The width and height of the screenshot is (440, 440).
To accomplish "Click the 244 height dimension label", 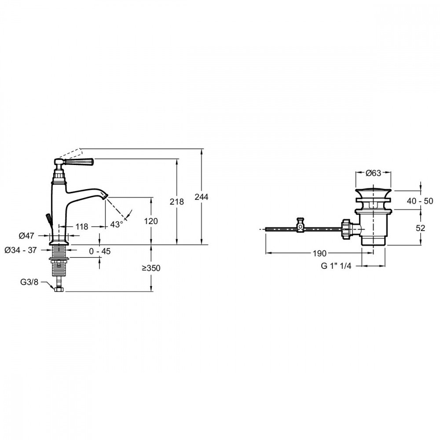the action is coord(202,197).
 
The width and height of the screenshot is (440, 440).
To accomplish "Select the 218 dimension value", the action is coord(176,202).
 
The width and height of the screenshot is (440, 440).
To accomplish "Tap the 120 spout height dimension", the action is coord(151,221).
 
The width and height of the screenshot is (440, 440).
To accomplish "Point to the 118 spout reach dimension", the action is coord(82,227).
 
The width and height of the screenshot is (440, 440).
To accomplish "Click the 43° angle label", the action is coord(117,224).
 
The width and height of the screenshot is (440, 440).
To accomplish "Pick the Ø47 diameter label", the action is coord(26,236).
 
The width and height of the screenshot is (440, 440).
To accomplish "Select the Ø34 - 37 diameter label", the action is coord(21,250).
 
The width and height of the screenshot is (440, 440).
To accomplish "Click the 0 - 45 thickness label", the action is coord(100,251).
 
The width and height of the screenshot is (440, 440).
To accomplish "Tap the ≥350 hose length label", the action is coord(151,268).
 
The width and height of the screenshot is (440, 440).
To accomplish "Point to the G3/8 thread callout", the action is coord(29,282).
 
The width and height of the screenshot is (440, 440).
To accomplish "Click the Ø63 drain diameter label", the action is coord(374,173).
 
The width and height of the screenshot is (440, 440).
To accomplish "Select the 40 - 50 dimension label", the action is coord(420,201).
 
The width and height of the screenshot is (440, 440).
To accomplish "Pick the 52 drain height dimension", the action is coord(421,228).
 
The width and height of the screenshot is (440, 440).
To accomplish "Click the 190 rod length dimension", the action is coord(319,253).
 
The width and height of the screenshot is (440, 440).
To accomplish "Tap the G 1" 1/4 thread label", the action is coord(336,266).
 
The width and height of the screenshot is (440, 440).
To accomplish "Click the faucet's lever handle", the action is coord(79,162).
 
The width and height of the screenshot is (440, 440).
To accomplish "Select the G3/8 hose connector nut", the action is coord(59,289).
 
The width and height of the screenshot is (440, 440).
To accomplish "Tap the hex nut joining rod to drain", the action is coord(346,229).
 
